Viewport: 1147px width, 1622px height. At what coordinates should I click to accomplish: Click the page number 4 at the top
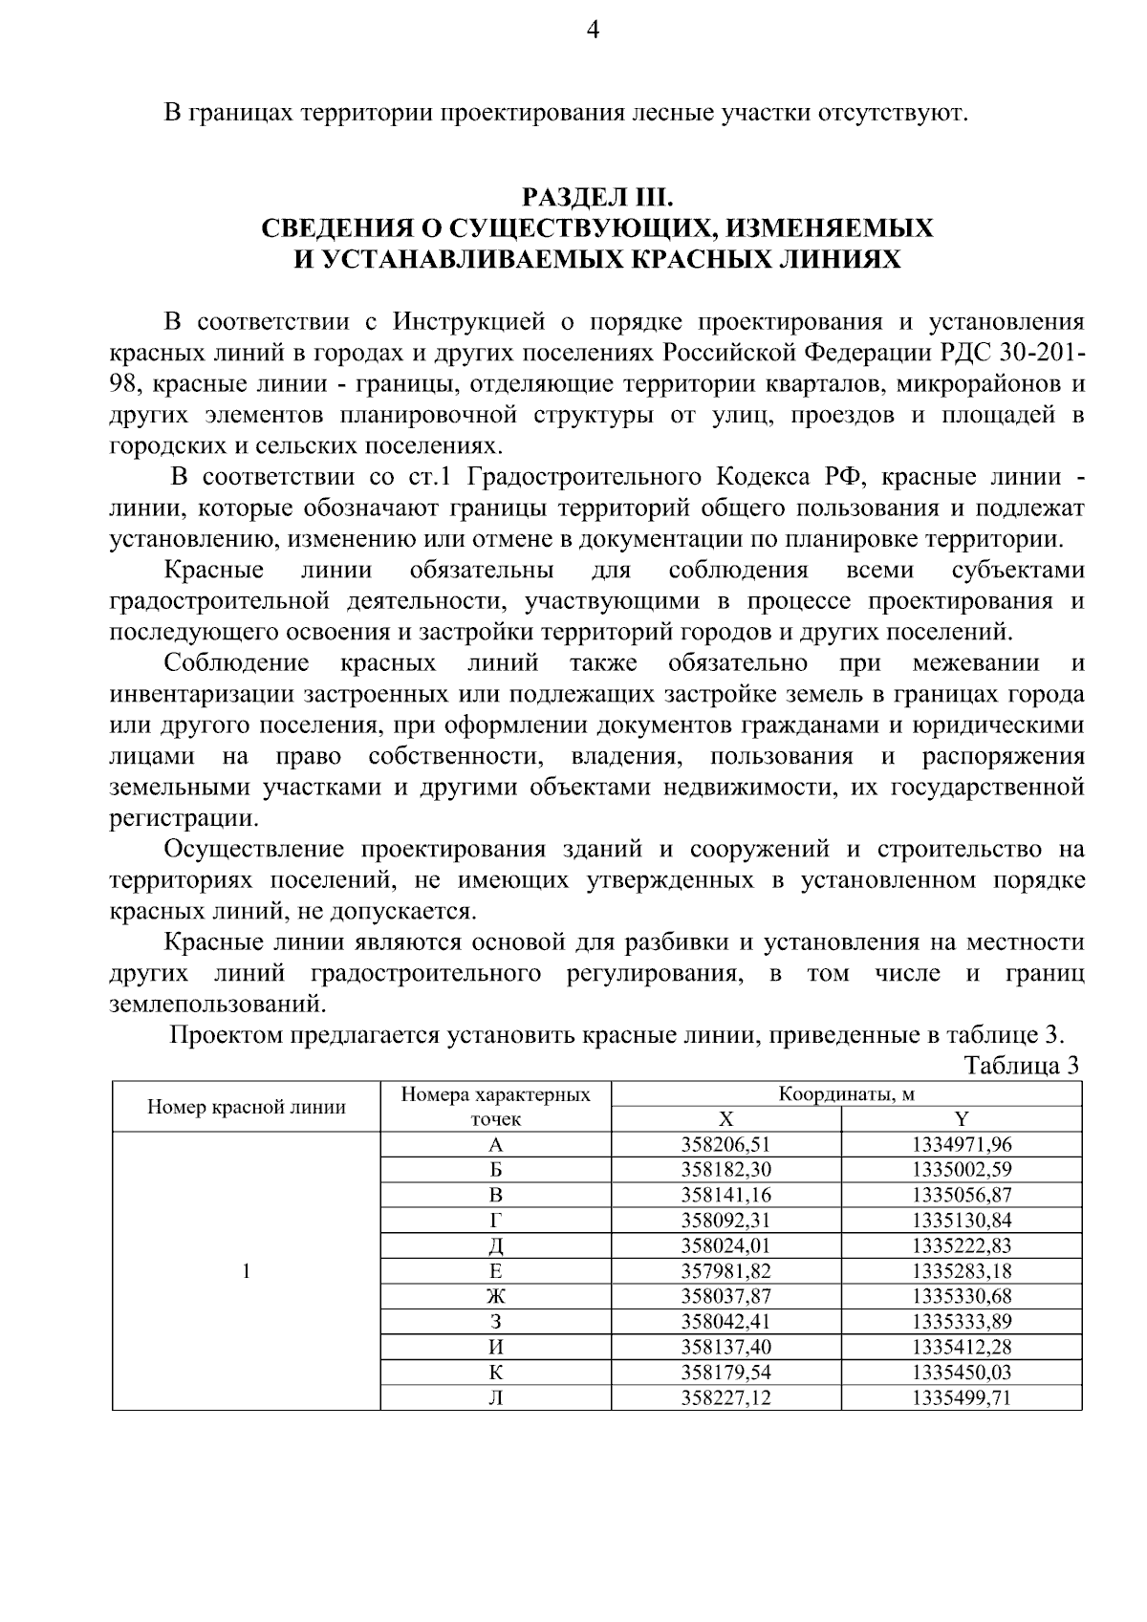coord(592,32)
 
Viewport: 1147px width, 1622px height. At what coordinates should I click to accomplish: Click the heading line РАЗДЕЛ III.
coord(597,198)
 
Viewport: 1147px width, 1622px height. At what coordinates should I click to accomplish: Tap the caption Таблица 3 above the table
coord(1021,1065)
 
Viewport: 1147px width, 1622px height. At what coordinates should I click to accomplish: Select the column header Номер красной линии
coord(247,1107)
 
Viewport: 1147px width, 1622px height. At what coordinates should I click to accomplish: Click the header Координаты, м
coord(846,1094)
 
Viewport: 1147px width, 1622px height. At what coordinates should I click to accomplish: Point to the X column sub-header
coord(726,1119)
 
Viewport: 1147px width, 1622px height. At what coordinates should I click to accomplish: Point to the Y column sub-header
coord(962,1119)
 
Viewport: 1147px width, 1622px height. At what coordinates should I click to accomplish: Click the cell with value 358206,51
coord(726,1144)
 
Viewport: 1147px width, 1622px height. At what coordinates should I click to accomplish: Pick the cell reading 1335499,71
coord(962,1398)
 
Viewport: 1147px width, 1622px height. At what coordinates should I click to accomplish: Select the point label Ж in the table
coord(496,1296)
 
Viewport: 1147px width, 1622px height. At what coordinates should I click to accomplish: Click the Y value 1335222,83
coord(962,1245)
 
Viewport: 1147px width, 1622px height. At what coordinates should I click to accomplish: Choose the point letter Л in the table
coord(496,1398)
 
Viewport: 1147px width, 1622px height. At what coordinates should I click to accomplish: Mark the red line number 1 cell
coord(247,1270)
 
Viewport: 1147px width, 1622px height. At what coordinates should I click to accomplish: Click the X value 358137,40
coord(726,1347)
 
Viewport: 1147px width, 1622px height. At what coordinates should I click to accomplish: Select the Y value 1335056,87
coord(962,1195)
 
